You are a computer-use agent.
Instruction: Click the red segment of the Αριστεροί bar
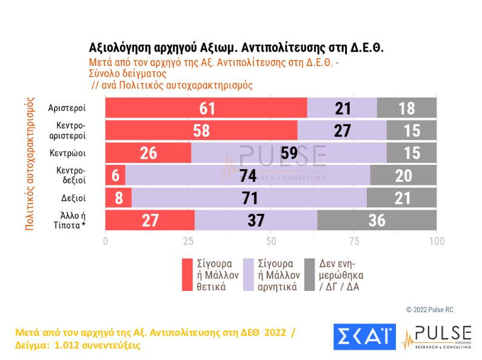(206, 108)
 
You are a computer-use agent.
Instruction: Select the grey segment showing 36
(377, 219)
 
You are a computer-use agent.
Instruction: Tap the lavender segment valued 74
(247, 175)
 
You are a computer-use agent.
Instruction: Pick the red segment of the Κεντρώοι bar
(148, 153)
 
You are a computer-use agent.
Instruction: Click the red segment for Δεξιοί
(118, 198)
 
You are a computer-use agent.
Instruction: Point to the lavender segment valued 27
(342, 130)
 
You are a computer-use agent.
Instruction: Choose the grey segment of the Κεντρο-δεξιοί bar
(403, 175)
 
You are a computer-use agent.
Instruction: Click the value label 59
(289, 153)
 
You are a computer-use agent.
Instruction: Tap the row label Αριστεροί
(67, 108)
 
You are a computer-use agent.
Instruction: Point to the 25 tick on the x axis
(189, 241)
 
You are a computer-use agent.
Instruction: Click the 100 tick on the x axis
(436, 241)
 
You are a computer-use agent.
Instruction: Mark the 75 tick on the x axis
(354, 241)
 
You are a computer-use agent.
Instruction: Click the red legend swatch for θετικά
(187, 275)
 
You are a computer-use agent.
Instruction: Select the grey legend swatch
(309, 275)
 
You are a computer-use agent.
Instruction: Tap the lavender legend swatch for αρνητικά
(248, 275)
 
